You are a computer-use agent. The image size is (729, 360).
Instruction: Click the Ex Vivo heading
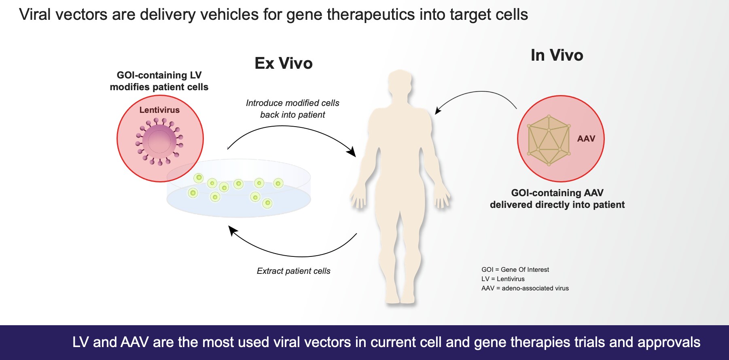284,64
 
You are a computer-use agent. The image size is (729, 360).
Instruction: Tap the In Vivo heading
557,55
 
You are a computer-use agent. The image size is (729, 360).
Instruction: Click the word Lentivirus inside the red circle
159,110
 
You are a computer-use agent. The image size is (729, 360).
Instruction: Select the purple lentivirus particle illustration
159,141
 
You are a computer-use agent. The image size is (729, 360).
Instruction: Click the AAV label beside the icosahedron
586,139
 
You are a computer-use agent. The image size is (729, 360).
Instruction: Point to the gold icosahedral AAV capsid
549,140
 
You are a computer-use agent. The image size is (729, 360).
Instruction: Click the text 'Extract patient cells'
293,271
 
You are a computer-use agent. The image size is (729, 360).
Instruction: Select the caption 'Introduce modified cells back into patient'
292,109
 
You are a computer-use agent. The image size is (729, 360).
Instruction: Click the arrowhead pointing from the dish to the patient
352,152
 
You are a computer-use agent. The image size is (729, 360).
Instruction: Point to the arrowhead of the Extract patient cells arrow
233,230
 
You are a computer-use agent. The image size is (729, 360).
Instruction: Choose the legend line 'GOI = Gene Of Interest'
515,270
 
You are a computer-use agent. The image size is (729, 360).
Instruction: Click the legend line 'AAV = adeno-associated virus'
525,288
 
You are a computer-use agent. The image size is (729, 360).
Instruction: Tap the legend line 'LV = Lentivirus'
503,279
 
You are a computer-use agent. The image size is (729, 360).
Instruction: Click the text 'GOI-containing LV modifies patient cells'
159,81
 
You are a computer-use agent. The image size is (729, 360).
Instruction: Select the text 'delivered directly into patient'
557,205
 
